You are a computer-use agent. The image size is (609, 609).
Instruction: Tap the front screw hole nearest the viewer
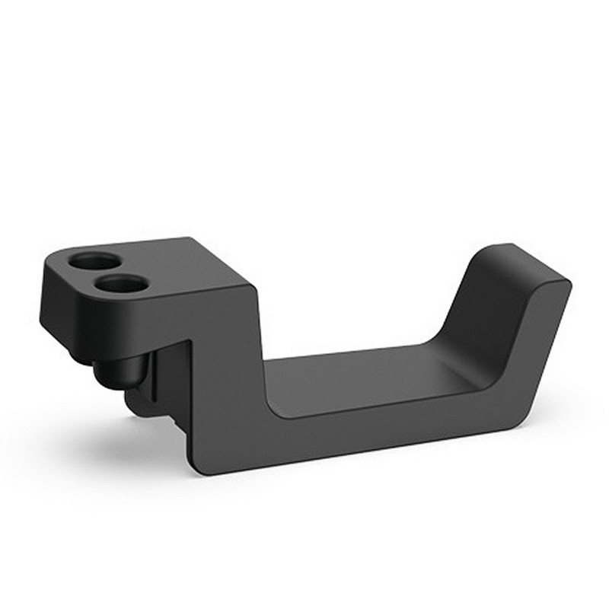coord(122,284)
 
